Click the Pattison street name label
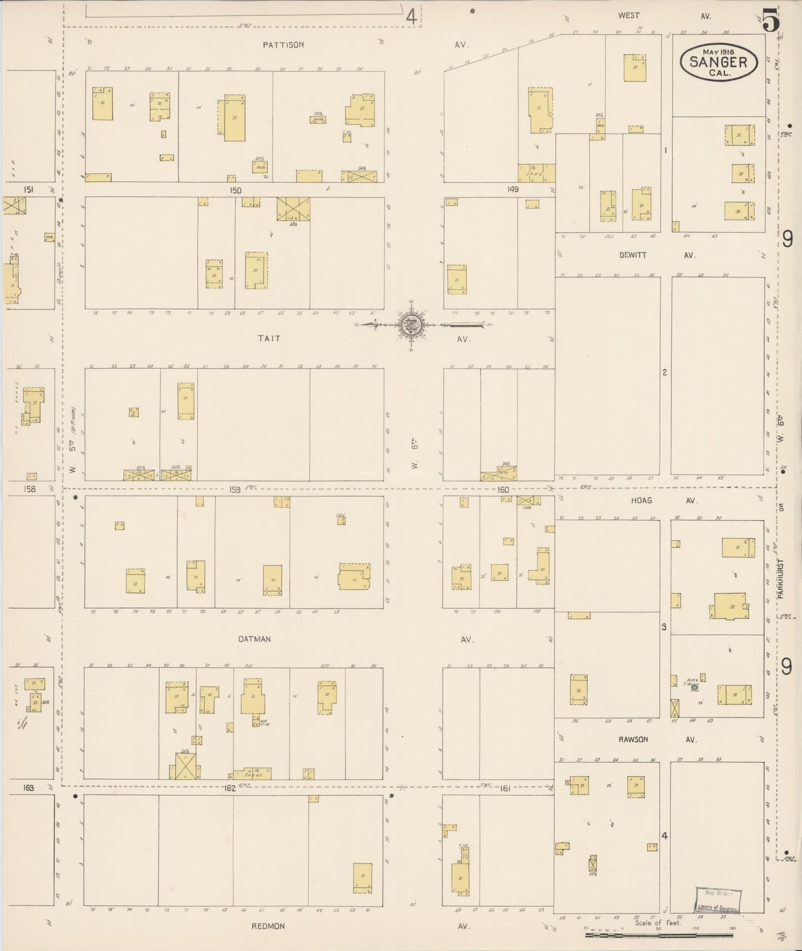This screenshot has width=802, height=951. click(x=284, y=45)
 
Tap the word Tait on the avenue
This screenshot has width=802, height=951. click(x=269, y=338)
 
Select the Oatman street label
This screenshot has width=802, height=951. click(x=254, y=639)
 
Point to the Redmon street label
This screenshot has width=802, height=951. click(x=269, y=926)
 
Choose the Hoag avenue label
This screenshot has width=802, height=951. click(x=641, y=500)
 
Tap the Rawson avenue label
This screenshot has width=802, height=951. click(x=633, y=740)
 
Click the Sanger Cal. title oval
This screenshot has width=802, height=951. click(x=718, y=62)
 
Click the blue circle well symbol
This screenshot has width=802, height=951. click(x=694, y=687)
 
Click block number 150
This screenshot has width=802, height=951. click(x=236, y=190)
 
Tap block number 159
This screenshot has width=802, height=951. click(x=235, y=490)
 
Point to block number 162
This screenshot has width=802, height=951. click(x=230, y=788)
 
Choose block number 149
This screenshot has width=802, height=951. click(x=512, y=190)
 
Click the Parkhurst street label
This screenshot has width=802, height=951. click(x=780, y=578)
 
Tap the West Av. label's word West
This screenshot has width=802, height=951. click(x=629, y=16)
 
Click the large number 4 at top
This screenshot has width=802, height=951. click(x=411, y=17)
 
